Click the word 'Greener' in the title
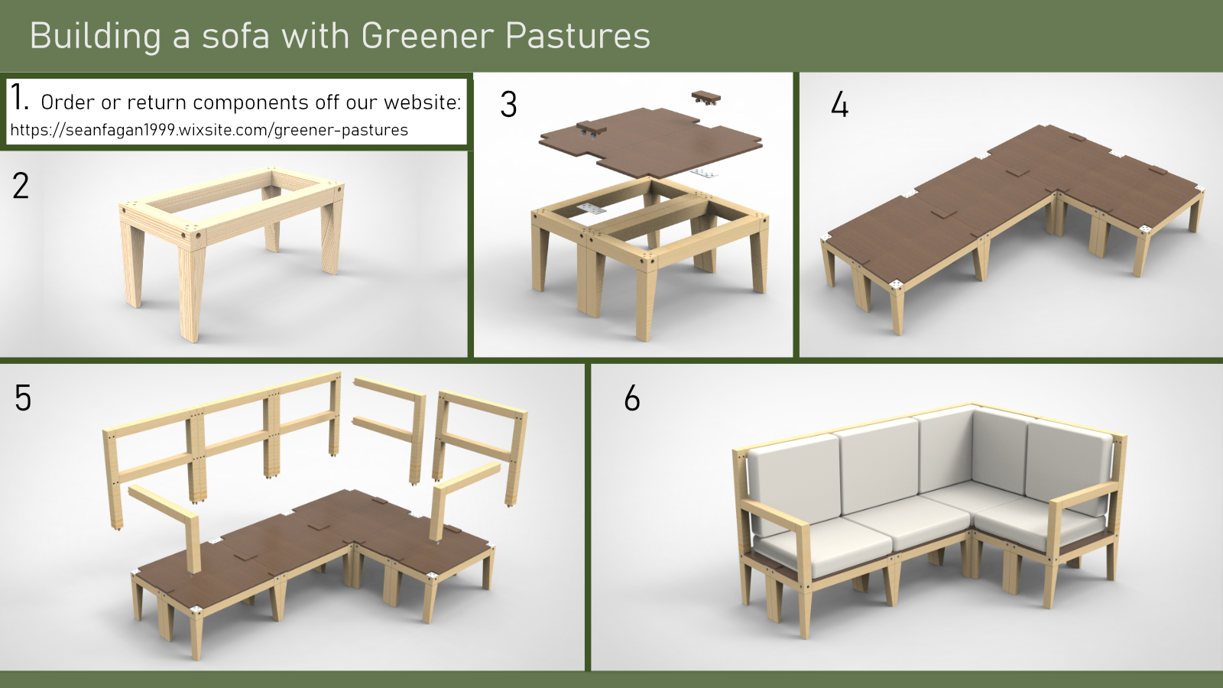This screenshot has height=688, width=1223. click(427, 36)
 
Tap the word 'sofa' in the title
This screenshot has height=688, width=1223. click(236, 36)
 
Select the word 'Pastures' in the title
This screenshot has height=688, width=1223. click(578, 36)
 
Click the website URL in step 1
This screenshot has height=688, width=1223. click(209, 130)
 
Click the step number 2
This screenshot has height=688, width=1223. click(21, 186)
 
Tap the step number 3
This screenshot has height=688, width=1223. click(508, 104)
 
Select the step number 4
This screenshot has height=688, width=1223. click(840, 104)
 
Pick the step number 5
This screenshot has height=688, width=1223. click(23, 398)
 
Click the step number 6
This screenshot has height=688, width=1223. click(631, 398)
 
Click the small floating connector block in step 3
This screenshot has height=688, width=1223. click(706, 98)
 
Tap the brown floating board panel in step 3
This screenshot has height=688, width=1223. click(650, 142)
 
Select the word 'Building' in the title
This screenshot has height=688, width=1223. click(96, 36)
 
